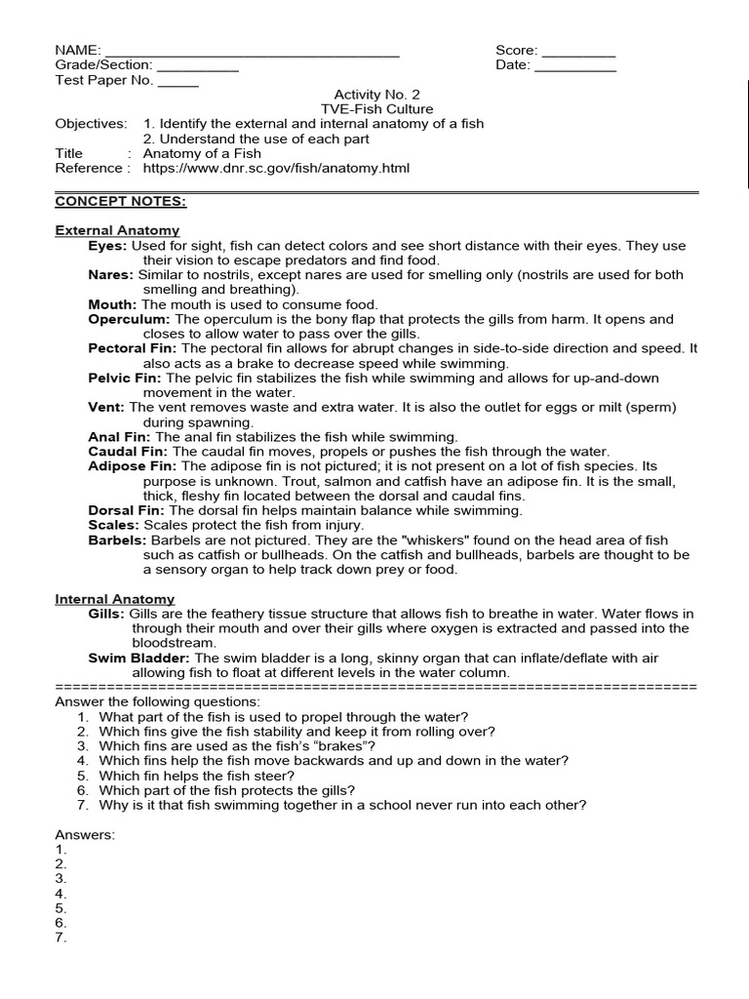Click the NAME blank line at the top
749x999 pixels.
[x=252, y=52]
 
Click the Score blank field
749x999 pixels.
[x=578, y=52]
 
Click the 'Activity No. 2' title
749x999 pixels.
[x=376, y=95]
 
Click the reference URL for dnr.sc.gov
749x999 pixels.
[x=276, y=168]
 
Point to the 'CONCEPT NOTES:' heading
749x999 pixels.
[x=120, y=201]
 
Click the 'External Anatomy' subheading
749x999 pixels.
[x=117, y=230]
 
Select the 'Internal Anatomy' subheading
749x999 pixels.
[x=114, y=599]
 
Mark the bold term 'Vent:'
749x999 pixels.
[x=106, y=407]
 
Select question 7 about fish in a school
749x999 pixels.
[x=341, y=805]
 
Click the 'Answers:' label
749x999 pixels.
[x=85, y=835]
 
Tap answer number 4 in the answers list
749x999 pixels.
[x=60, y=894]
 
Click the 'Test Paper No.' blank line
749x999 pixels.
[x=177, y=81]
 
